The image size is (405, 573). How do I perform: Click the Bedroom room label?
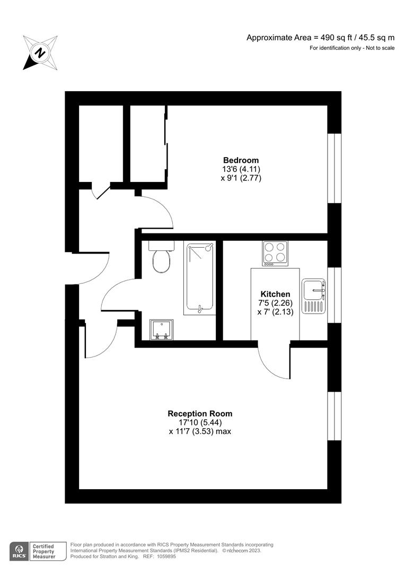click(x=241, y=160)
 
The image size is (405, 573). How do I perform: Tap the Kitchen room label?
click(x=275, y=294)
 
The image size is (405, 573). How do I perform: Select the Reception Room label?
click(x=200, y=413)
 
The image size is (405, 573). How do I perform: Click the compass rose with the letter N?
click(x=40, y=52)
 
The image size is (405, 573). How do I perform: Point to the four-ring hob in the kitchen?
click(x=275, y=253)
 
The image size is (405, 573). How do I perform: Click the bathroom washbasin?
click(x=160, y=329)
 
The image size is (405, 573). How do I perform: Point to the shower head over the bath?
click(x=209, y=247)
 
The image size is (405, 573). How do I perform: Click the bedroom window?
click(x=334, y=168)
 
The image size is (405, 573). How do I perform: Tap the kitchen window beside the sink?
click(x=334, y=295)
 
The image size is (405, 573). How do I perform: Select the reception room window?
click(x=334, y=416)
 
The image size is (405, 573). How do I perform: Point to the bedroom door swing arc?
click(x=158, y=211)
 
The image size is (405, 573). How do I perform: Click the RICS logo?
click(x=20, y=550)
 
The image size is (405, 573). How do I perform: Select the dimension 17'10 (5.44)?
click(x=200, y=422)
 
